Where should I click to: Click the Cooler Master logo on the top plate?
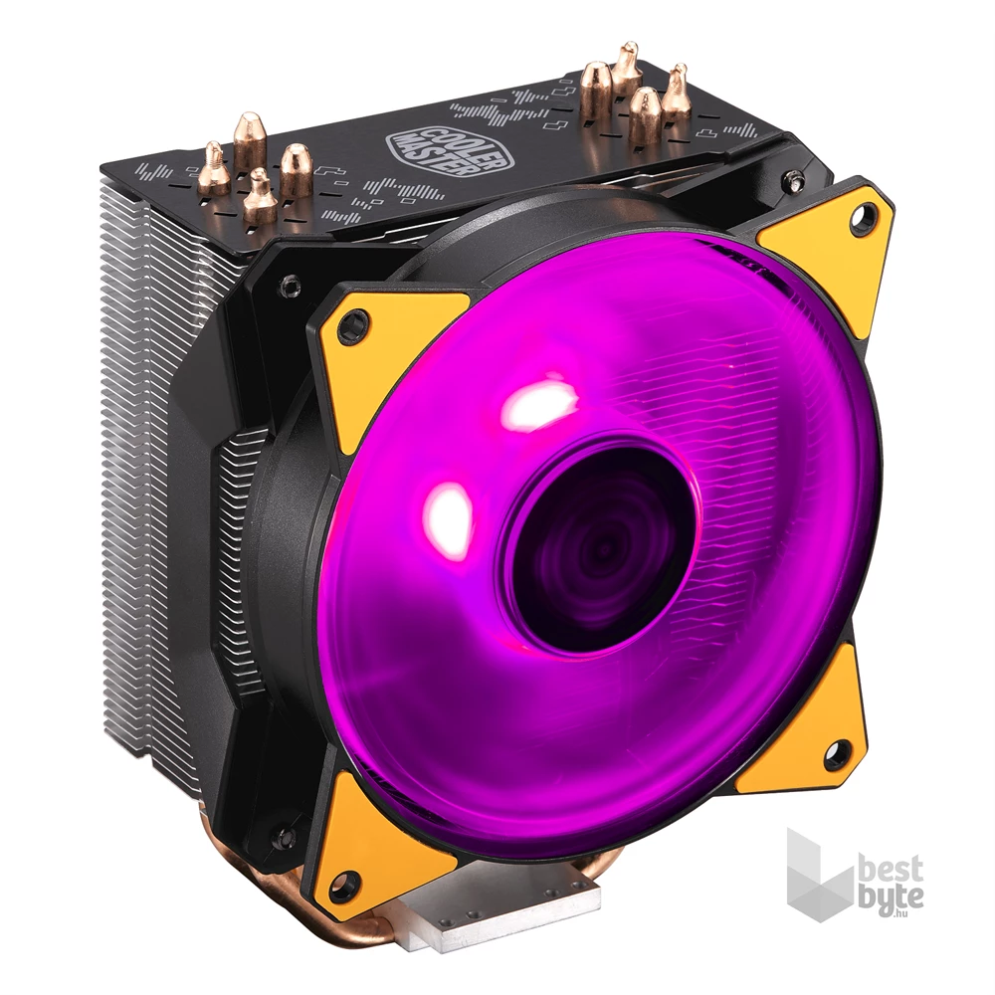click(419, 143)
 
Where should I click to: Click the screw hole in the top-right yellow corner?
click(862, 218)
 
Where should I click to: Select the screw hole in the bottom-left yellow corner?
click(344, 883)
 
